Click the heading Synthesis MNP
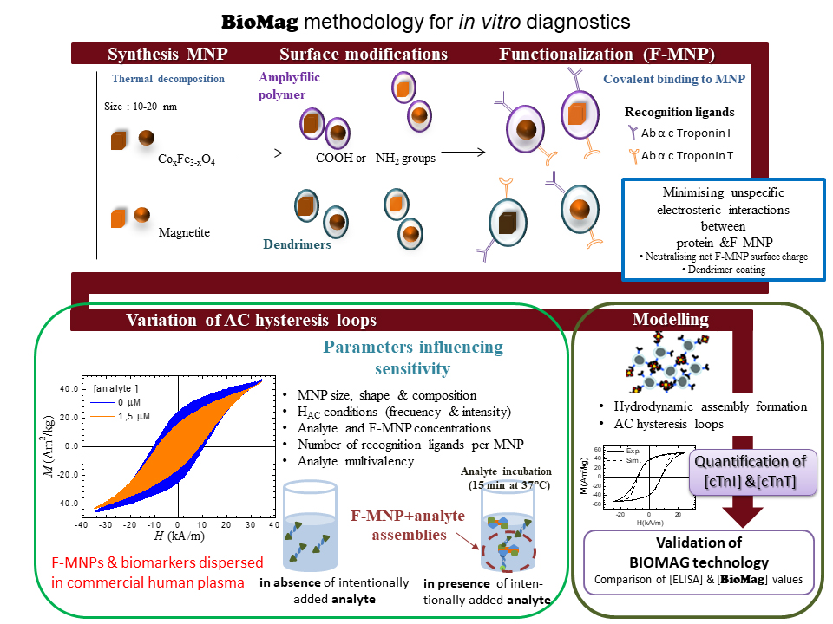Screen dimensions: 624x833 click(167, 54)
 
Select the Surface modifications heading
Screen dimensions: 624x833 click(365, 54)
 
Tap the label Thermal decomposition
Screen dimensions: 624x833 click(168, 79)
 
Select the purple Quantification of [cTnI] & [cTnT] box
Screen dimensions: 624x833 click(751, 471)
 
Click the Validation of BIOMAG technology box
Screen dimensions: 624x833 click(700, 562)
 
